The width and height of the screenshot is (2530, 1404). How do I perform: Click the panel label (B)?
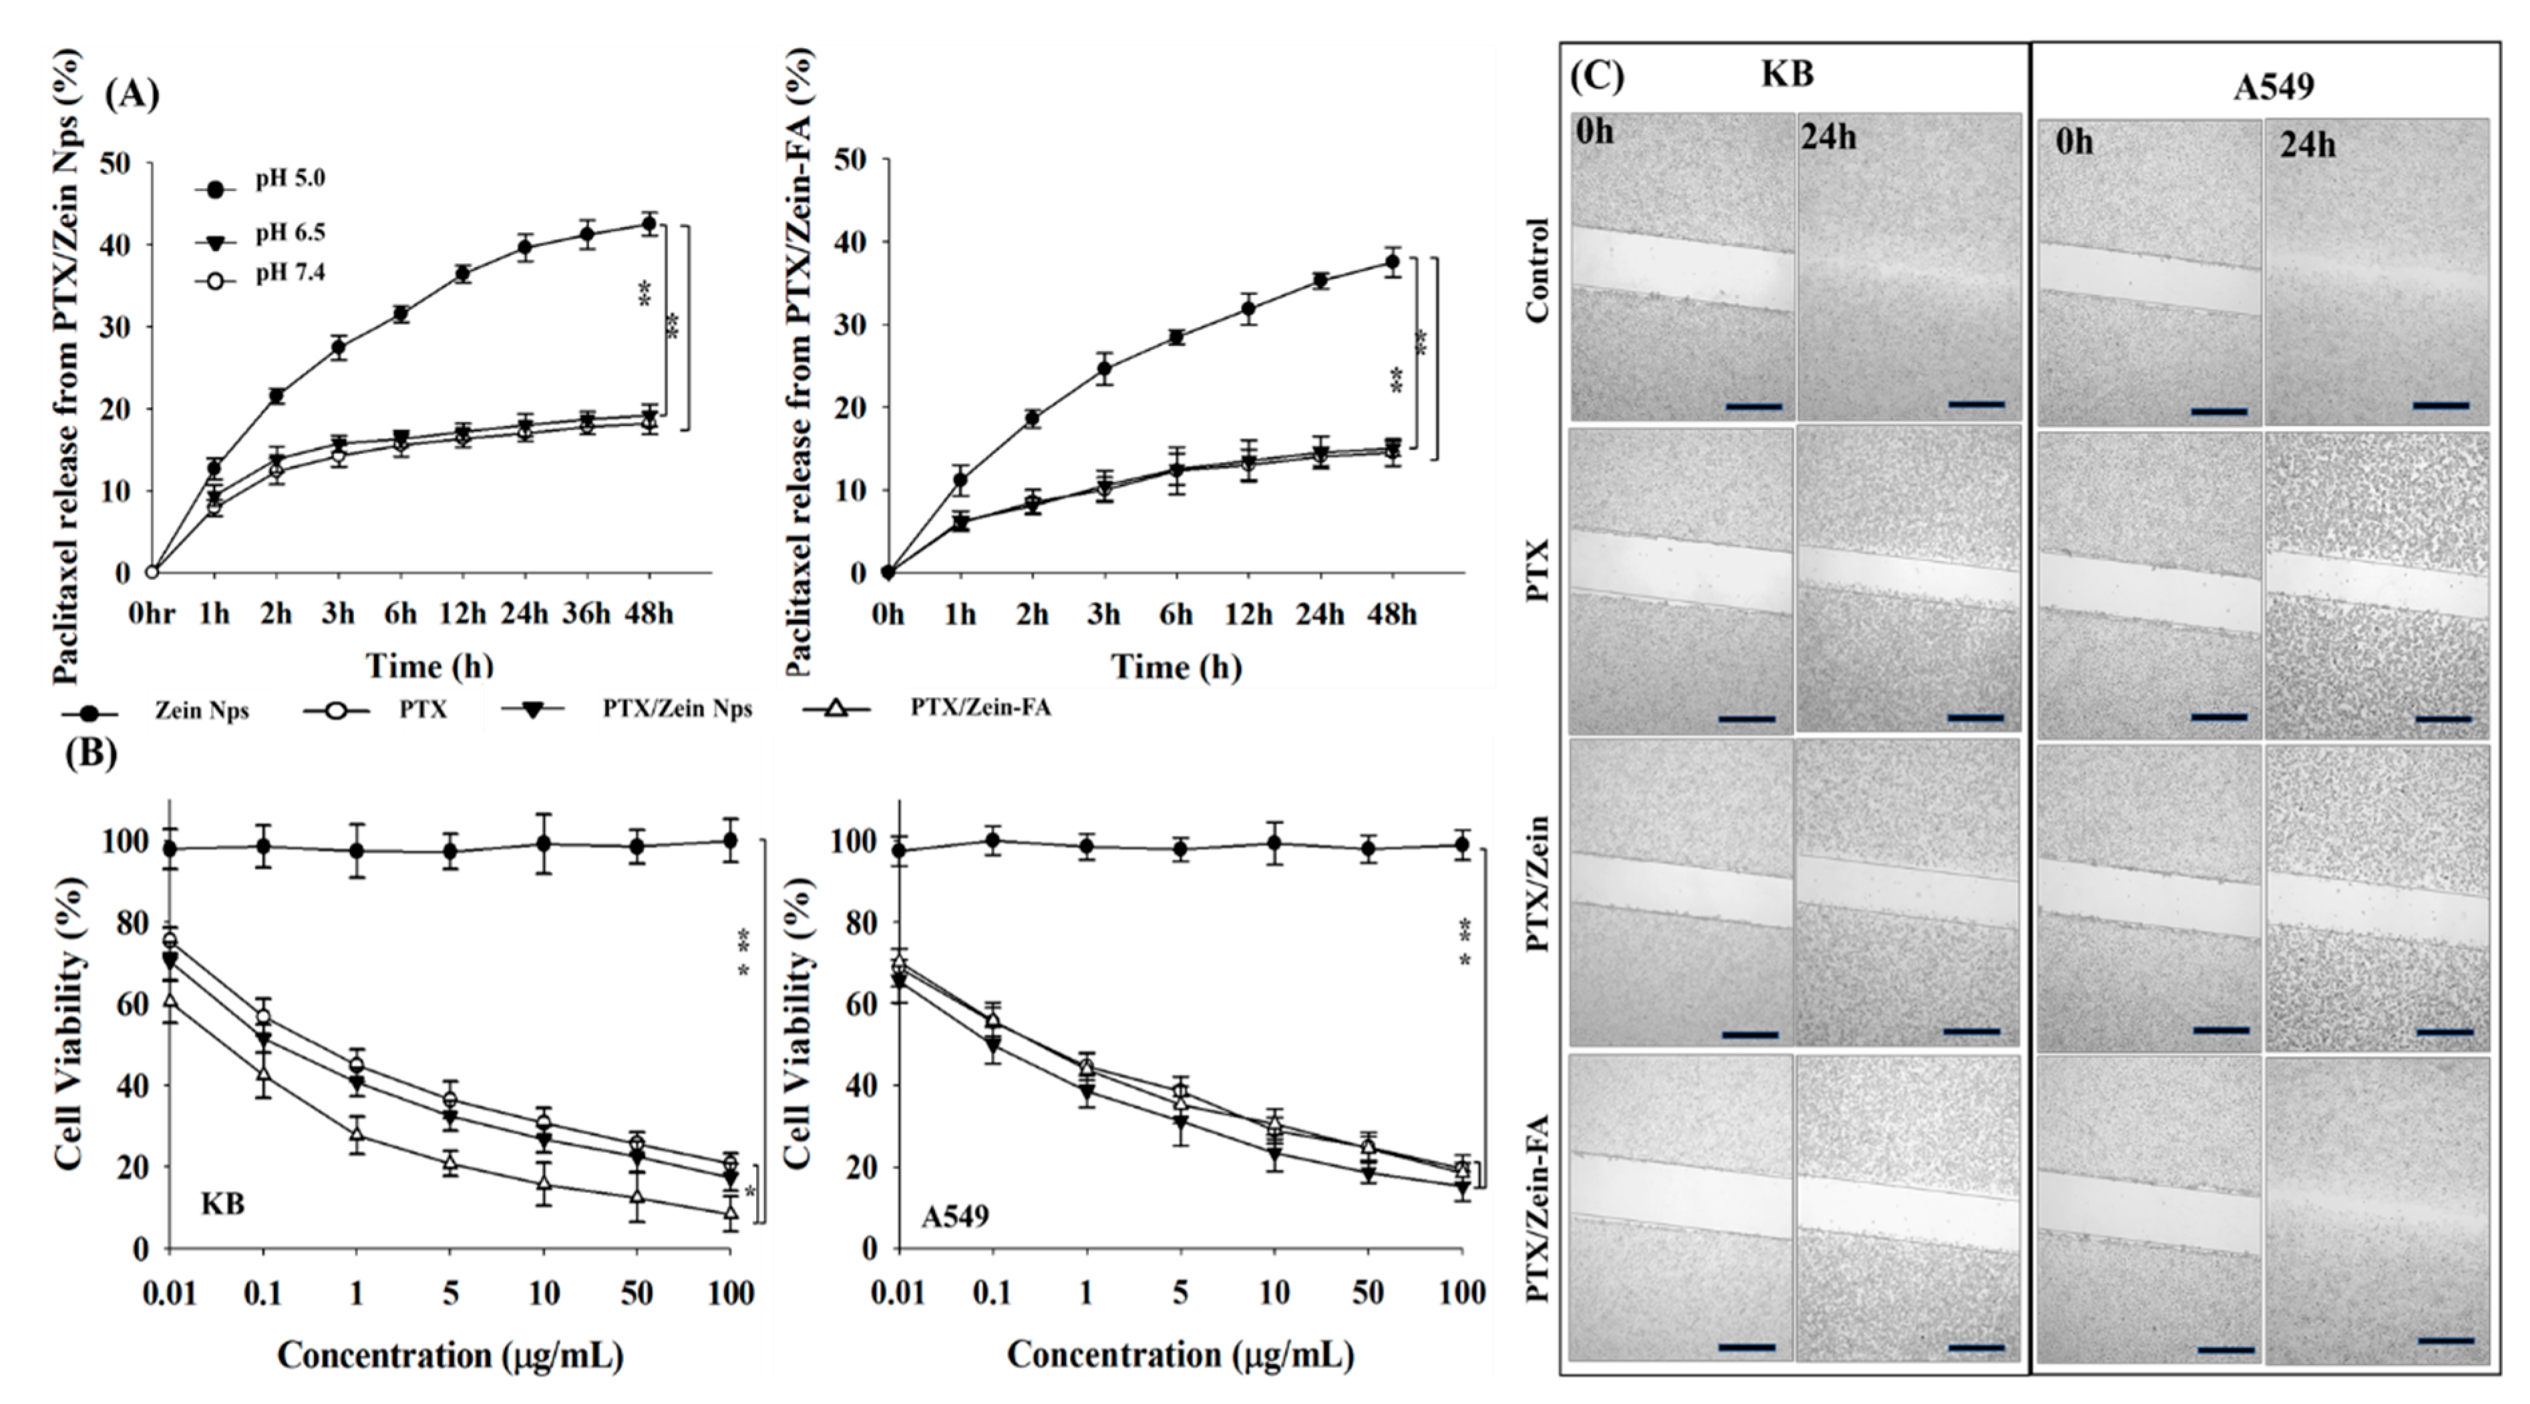90,754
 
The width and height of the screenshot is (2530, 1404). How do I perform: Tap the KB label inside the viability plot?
223,1203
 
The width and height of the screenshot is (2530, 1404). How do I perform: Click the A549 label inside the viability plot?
954,1216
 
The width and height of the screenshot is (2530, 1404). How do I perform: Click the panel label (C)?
1597,77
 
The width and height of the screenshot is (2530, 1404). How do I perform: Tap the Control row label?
1538,270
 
